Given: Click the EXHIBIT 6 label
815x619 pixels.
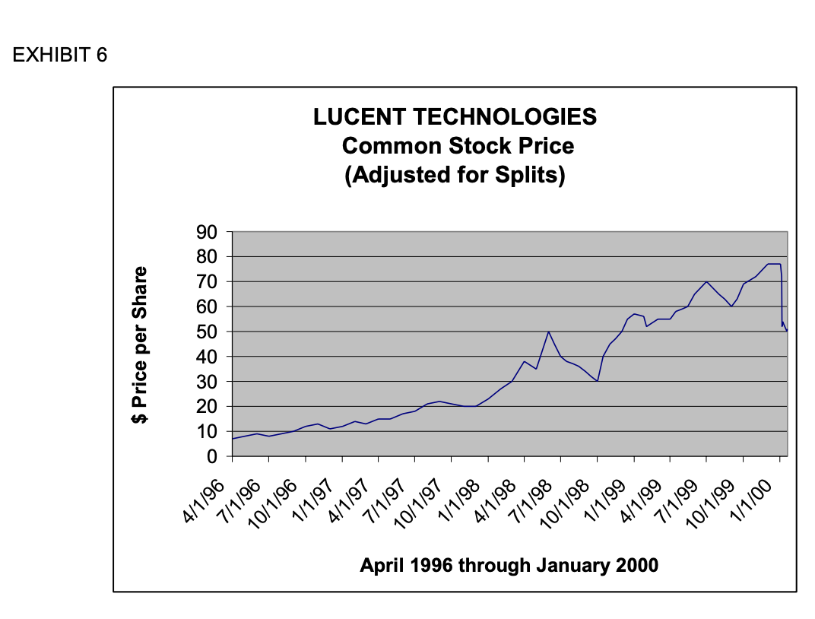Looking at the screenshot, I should (x=60, y=55).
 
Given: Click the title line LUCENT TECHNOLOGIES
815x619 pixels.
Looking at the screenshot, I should (x=455, y=117).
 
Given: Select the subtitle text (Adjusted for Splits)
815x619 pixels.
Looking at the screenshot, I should (x=455, y=175).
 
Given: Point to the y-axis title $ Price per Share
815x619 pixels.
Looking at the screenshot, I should (x=139, y=344).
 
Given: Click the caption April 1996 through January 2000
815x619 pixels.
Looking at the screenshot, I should (x=509, y=566).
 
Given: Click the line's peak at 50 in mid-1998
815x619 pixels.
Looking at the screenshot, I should (x=548, y=332).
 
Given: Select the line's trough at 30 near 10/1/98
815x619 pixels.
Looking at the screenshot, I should (x=598, y=381).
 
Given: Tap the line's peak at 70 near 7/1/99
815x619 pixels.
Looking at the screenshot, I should (x=706, y=281).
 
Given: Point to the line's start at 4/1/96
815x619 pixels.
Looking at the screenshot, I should (x=233, y=439).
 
